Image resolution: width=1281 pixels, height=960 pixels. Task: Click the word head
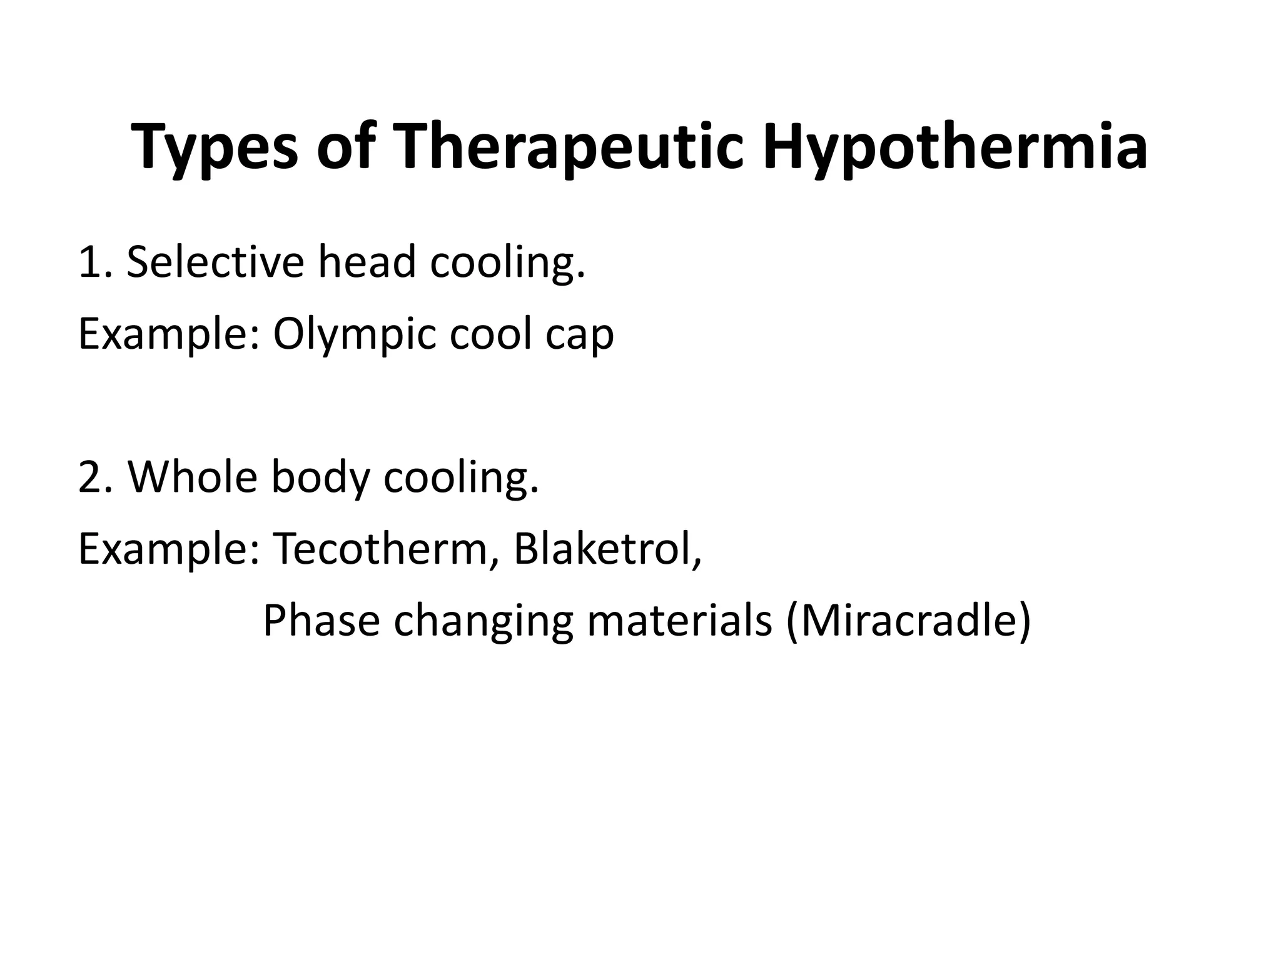coord(367,262)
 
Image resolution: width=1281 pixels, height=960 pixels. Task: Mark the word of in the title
coord(345,148)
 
